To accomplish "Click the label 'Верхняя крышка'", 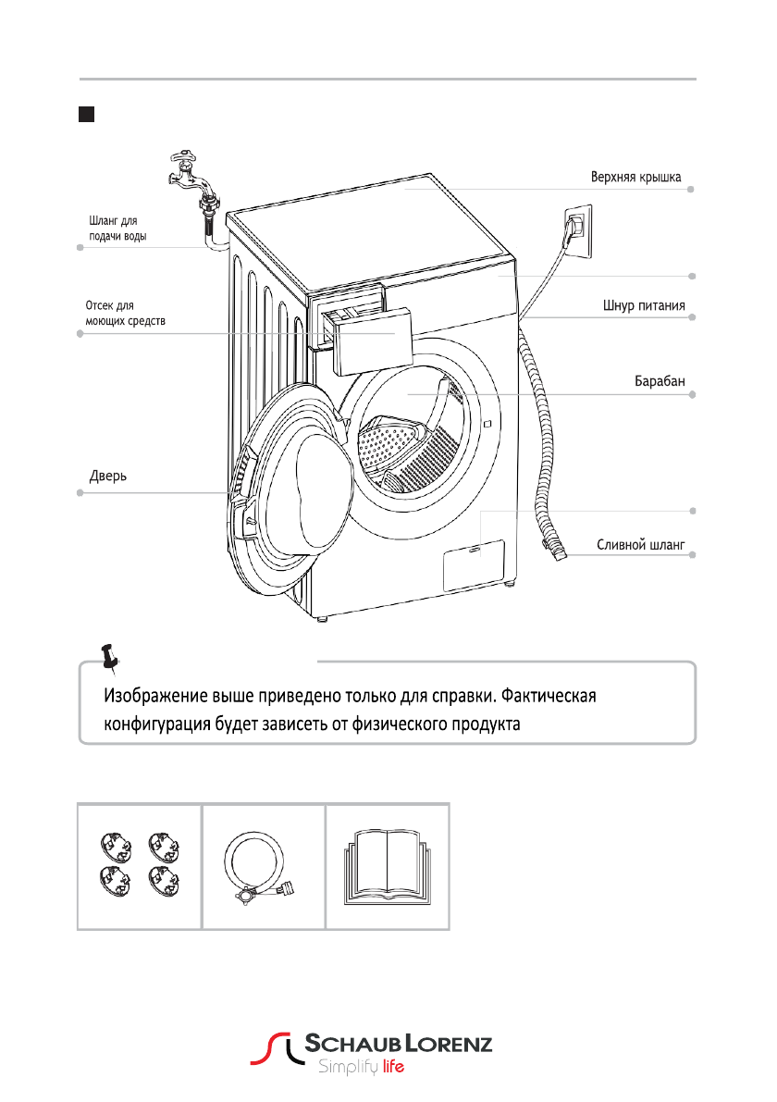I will tap(636, 177).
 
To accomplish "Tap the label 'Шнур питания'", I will tap(638, 306).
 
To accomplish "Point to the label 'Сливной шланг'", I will tap(639, 546).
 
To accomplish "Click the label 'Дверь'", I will tap(107, 477).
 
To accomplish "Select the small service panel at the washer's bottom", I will tap(473, 565).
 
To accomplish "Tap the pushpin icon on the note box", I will tap(113, 655).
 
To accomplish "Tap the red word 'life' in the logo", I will tap(394, 1067).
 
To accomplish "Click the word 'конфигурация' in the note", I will tap(155, 724).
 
